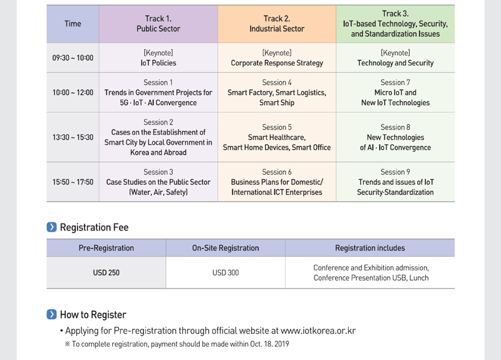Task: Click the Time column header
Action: (73, 24)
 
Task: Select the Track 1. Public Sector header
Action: (158, 24)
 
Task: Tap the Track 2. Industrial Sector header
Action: (277, 24)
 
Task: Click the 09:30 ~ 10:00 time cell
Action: (73, 58)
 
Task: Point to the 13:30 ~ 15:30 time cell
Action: (73, 137)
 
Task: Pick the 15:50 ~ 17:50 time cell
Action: (73, 182)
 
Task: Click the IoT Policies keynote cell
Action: (158, 58)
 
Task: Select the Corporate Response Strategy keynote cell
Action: (277, 58)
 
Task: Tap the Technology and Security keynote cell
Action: (395, 58)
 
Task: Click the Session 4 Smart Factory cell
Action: (277, 93)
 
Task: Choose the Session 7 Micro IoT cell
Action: (395, 93)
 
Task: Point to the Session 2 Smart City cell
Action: (158, 137)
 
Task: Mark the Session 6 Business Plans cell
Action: (277, 182)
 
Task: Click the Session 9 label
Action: (395, 172)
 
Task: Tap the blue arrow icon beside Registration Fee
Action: (51, 227)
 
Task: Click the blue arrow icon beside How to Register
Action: (51, 314)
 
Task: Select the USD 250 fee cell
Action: (106, 272)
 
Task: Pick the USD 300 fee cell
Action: (225, 272)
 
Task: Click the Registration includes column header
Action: (370, 248)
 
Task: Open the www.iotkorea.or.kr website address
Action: (318, 331)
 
